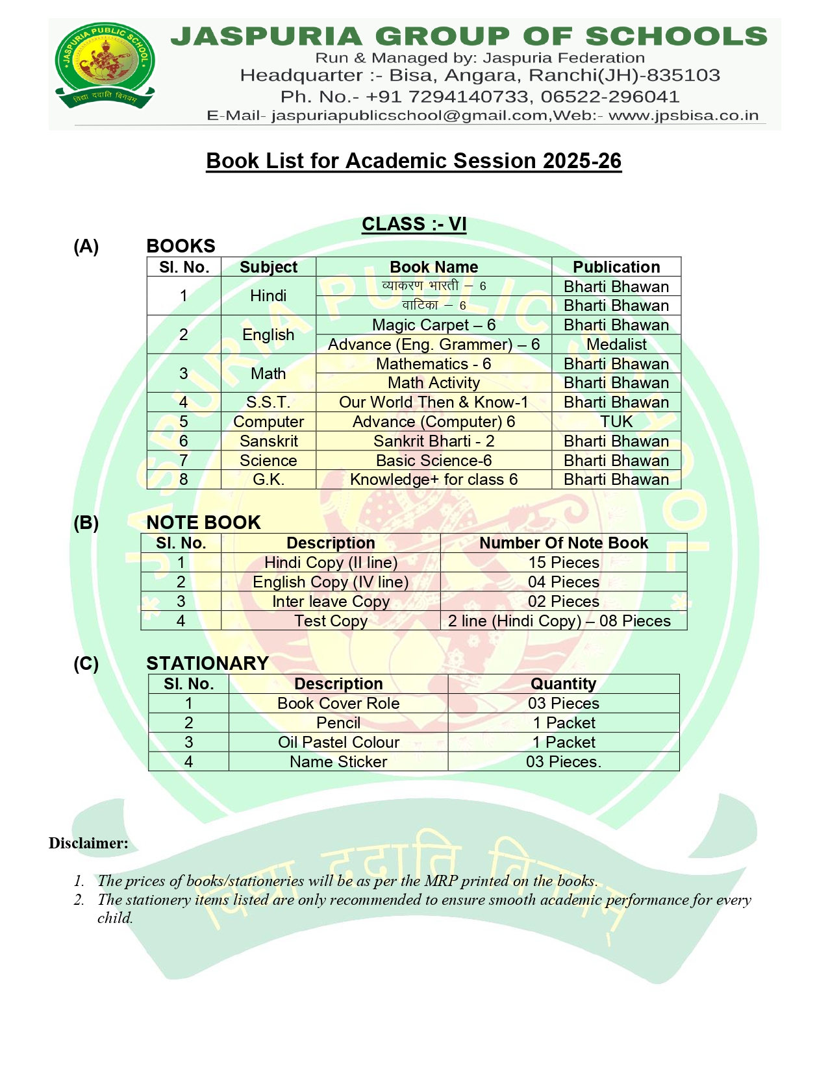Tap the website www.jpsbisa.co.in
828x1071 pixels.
click(x=683, y=116)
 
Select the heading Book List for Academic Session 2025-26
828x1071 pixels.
click(x=414, y=161)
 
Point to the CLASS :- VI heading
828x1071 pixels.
click(x=414, y=224)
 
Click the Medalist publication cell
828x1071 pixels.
click(x=616, y=345)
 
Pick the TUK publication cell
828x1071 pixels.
click(x=616, y=422)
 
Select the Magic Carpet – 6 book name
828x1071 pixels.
click(x=433, y=325)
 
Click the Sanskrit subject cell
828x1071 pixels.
click(x=268, y=441)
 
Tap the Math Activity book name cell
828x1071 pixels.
click(x=433, y=383)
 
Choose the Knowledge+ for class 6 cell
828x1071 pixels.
click(x=433, y=480)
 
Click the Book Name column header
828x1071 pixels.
click(x=433, y=267)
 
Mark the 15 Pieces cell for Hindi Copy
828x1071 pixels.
click(x=563, y=563)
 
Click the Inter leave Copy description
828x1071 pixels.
click(x=331, y=602)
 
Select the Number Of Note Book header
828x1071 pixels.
click(x=563, y=543)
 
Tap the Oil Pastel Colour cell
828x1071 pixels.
click(x=338, y=743)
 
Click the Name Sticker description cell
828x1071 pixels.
click(x=338, y=762)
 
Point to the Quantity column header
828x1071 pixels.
click(x=563, y=684)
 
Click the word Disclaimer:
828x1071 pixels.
click(x=88, y=843)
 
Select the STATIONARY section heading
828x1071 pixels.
click(x=207, y=663)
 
